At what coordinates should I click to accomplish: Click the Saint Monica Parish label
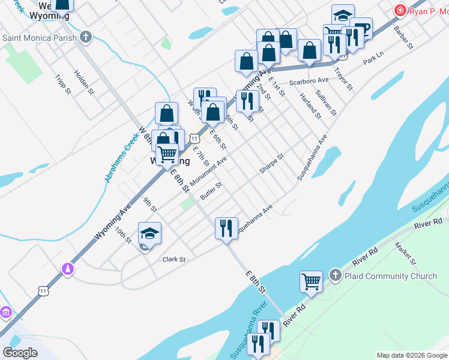[40, 38]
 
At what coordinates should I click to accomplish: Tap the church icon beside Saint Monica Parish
[86, 37]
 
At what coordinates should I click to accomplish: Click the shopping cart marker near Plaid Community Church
[312, 281]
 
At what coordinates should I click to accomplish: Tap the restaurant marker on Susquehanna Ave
[226, 229]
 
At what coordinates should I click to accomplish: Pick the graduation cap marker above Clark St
[150, 233]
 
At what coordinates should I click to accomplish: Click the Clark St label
[174, 260]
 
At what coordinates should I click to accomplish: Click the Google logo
[20, 353]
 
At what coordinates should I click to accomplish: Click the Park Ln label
[373, 61]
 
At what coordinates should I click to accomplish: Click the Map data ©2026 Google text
[411, 355]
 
